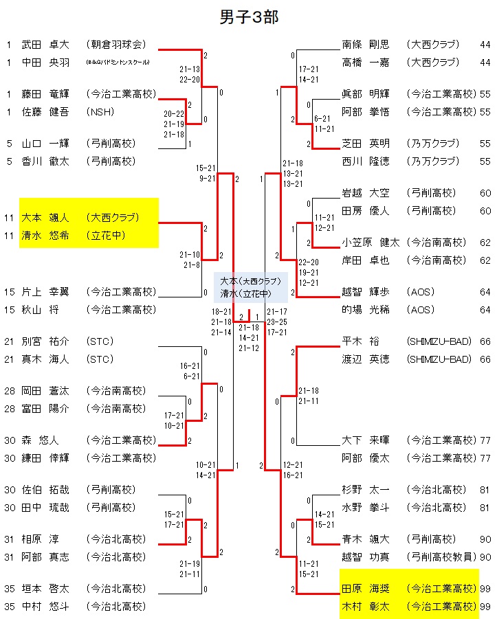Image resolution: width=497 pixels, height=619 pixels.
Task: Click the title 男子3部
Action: coord(248,17)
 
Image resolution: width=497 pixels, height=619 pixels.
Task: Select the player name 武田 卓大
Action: coord(45,45)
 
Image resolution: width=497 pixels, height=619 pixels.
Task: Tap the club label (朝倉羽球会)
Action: coord(117,45)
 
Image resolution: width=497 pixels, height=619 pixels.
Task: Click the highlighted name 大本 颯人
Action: coord(45,218)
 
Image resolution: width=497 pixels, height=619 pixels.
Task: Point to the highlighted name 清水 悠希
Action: coord(45,235)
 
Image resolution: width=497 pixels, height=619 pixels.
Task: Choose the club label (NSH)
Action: coord(100,112)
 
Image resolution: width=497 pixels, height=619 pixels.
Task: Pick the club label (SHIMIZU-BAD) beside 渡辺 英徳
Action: coord(439,359)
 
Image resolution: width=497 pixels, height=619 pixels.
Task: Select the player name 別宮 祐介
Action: coord(45,341)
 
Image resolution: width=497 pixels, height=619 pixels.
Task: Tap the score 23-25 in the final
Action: coord(277,322)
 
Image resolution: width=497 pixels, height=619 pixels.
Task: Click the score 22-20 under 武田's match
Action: coord(190,79)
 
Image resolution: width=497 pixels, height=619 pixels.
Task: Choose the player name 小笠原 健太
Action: coord(371,243)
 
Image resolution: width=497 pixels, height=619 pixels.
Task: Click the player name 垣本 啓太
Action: coord(45,589)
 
